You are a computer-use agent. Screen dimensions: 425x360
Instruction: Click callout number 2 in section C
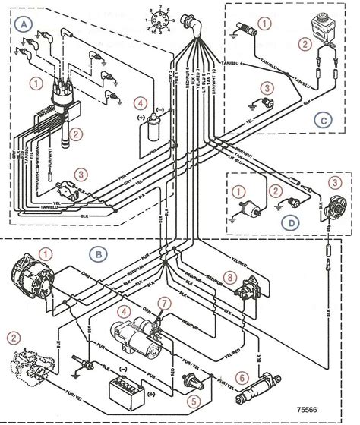tap(305, 44)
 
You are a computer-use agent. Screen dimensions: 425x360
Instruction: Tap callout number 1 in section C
tap(263, 24)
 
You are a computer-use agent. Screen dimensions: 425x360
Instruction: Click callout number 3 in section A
tap(81, 174)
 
